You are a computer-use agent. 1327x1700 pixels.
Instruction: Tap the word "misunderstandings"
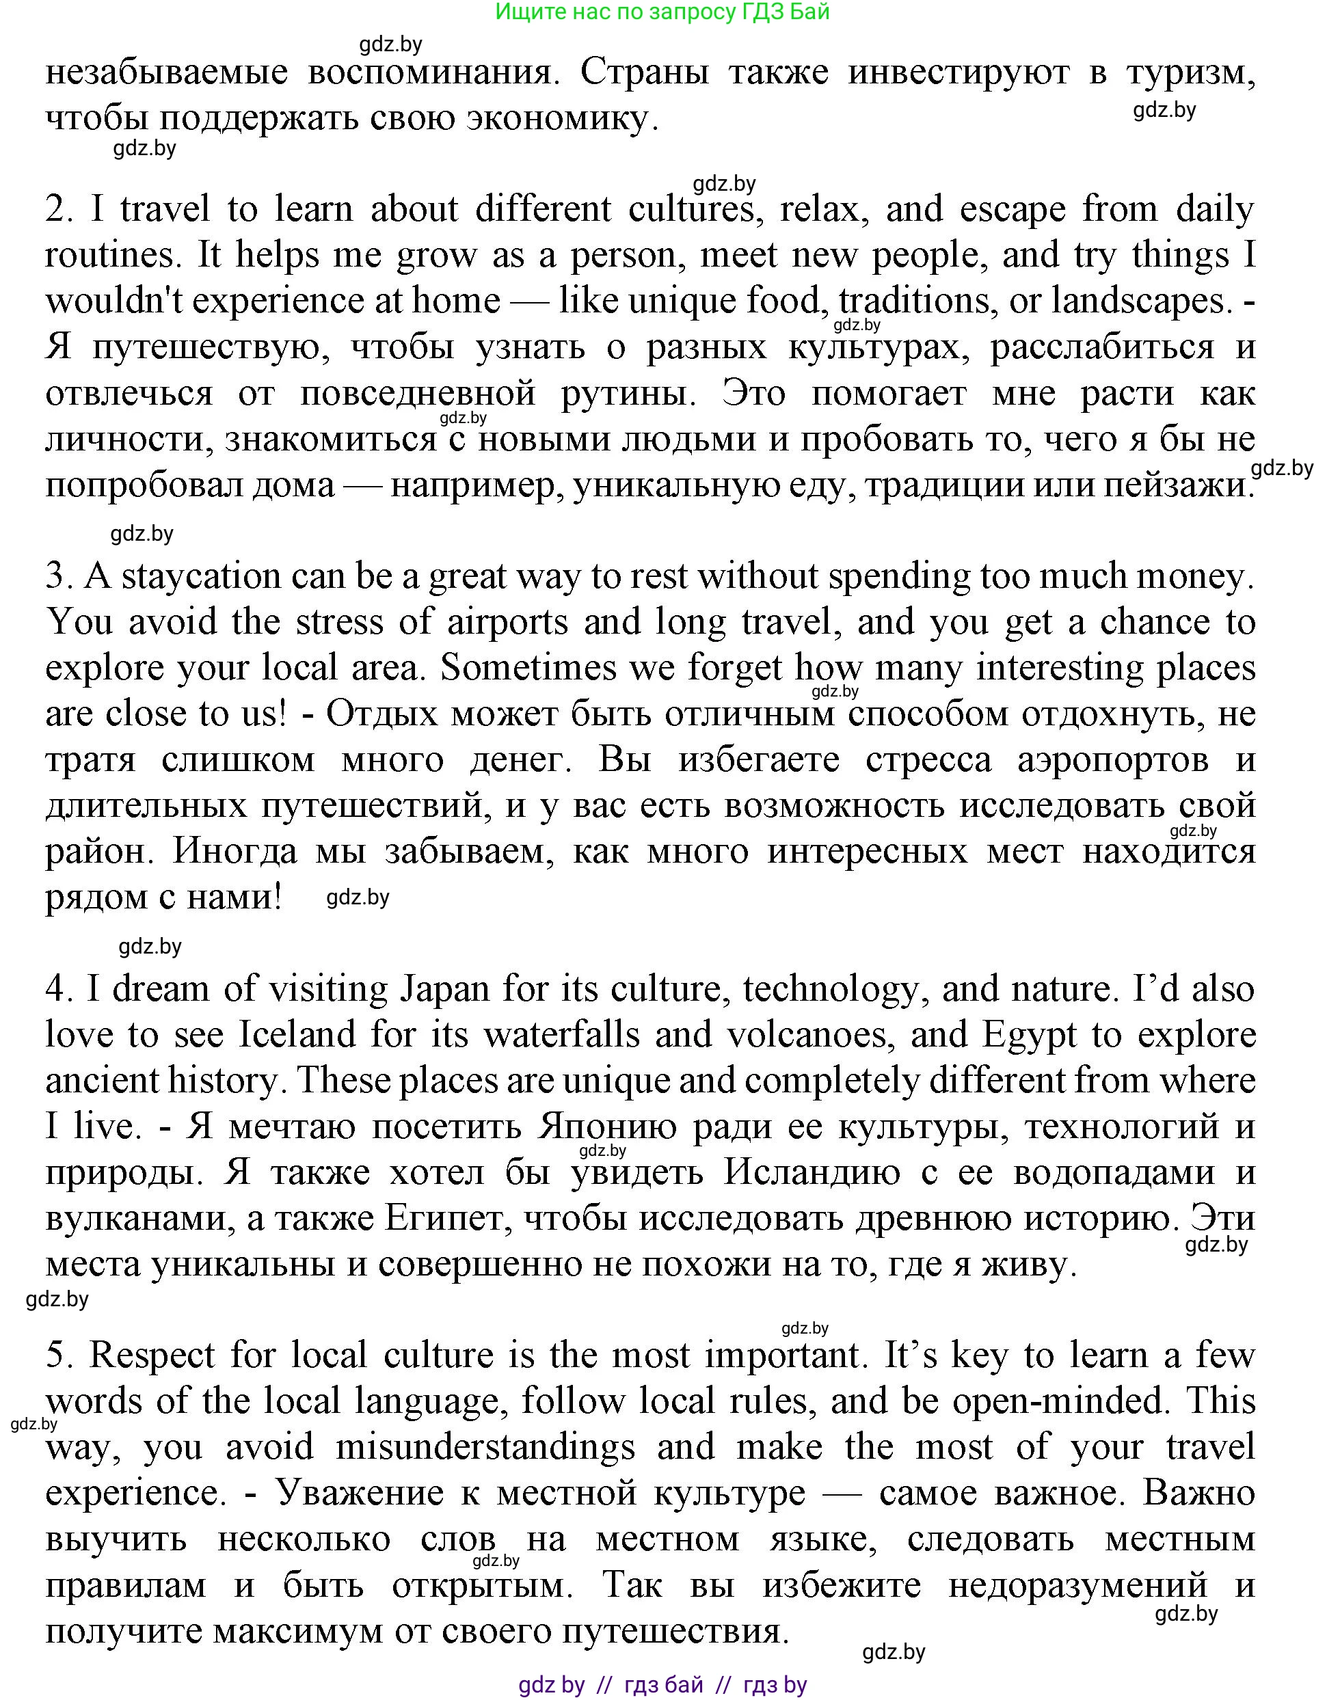tap(485, 1447)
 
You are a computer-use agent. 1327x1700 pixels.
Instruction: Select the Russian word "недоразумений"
tap(1078, 1584)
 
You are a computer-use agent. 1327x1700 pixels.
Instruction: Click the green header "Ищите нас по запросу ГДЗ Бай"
tap(662, 12)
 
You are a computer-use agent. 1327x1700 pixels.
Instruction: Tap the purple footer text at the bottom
tap(662, 1685)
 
